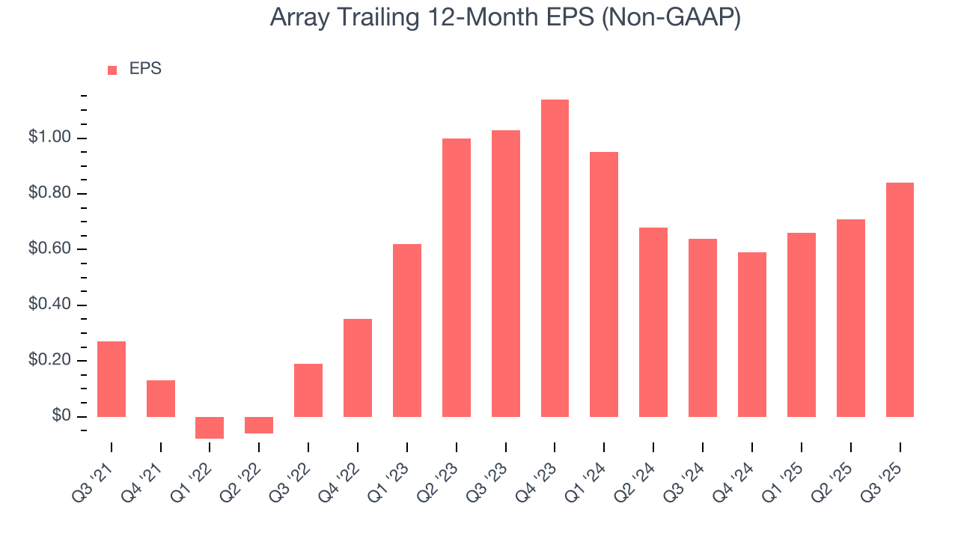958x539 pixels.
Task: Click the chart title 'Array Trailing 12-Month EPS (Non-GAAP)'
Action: point(505,18)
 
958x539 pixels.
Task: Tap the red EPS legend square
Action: point(112,70)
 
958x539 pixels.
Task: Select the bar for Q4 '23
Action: point(555,258)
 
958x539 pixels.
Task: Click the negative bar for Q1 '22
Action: point(210,427)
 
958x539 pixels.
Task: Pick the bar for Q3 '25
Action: point(900,299)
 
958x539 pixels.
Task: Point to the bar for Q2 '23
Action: point(457,278)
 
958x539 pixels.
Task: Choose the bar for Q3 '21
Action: point(112,379)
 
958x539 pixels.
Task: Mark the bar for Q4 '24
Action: point(752,335)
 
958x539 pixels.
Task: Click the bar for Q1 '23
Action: point(407,330)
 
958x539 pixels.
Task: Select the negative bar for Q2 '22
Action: point(259,425)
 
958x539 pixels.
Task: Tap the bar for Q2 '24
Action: point(653,322)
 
